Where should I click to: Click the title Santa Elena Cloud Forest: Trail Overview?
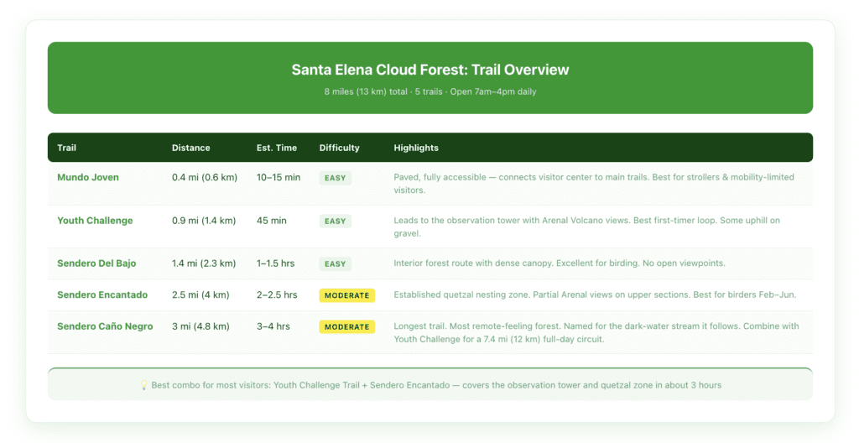429,70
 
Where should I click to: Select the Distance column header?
190,148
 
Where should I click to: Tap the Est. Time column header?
276,148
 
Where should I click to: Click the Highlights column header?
416,148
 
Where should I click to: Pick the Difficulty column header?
339,148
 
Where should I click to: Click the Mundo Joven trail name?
88,178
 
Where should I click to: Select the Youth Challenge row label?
95,221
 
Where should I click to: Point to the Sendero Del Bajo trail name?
96,263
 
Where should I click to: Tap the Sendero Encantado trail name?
102,295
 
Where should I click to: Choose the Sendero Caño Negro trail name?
105,326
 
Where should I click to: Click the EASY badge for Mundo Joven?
335,178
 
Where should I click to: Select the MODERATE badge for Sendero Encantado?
346,295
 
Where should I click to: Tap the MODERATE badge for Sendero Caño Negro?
346,326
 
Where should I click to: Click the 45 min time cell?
272,221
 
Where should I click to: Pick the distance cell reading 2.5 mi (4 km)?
200,295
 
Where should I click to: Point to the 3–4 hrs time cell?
274,326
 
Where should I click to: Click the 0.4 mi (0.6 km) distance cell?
204,178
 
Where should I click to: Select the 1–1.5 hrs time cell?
276,263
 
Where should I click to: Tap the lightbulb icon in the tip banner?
144,385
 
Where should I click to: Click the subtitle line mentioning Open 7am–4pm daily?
429,91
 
